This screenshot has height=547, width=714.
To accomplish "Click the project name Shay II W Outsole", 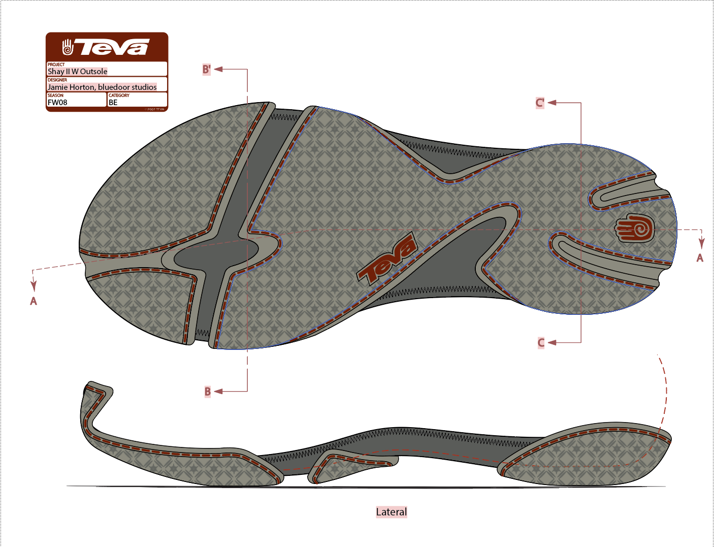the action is [78, 72].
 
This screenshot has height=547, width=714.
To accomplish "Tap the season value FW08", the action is [57, 103].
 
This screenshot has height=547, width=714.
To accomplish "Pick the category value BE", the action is [113, 103].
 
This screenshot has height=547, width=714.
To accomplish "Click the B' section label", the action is [207, 70].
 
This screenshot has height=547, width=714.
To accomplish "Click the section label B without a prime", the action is [207, 392].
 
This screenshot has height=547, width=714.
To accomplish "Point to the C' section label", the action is [540, 103].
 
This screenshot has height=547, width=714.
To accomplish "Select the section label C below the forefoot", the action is [541, 343].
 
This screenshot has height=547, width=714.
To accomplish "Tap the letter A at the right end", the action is [700, 258].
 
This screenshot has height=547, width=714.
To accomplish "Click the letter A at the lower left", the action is [34, 301].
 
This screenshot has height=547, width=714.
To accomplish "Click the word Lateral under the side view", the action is [391, 512].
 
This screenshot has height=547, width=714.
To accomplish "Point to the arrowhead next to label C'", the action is [552, 103].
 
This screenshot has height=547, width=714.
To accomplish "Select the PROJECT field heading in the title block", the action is [56, 65].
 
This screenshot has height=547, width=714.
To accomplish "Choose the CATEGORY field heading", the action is [119, 95].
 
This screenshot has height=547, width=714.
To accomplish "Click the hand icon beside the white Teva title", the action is [68, 47].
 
